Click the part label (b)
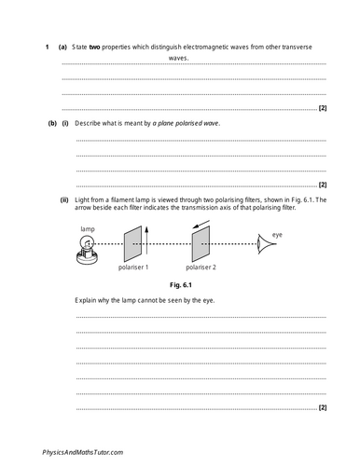39,123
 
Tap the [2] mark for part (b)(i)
322,185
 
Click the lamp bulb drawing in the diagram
88,246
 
